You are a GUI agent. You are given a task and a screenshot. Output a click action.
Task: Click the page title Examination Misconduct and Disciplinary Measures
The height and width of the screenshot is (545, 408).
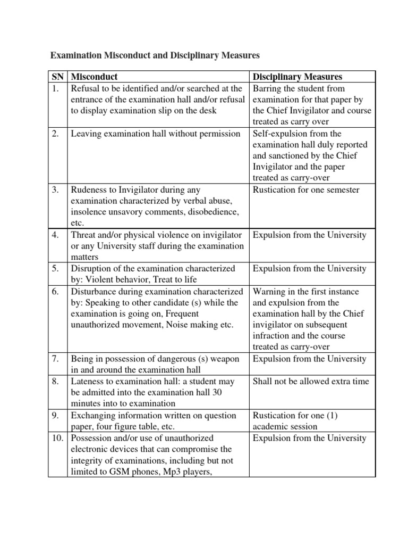tap(154, 55)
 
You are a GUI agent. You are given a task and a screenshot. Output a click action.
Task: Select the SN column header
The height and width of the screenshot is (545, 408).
tap(57, 77)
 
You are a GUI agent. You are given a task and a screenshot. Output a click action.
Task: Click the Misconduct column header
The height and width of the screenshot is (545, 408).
tap(94, 77)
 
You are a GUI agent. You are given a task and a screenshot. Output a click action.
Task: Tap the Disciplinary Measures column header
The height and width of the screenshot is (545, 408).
tap(297, 77)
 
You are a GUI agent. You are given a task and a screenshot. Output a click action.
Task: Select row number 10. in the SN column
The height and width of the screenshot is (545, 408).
tap(57, 438)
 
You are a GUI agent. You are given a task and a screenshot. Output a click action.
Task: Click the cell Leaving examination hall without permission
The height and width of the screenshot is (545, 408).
tap(155, 134)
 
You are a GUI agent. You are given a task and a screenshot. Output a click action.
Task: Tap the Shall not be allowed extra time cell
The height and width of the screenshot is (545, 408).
tap(311, 381)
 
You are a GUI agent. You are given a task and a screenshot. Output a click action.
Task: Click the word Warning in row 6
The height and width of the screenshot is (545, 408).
tap(269, 292)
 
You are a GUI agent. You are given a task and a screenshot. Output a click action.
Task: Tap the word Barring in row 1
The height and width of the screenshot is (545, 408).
tap(267, 89)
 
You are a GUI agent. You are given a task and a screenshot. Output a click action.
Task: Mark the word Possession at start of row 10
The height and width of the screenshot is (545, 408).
tap(91, 438)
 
